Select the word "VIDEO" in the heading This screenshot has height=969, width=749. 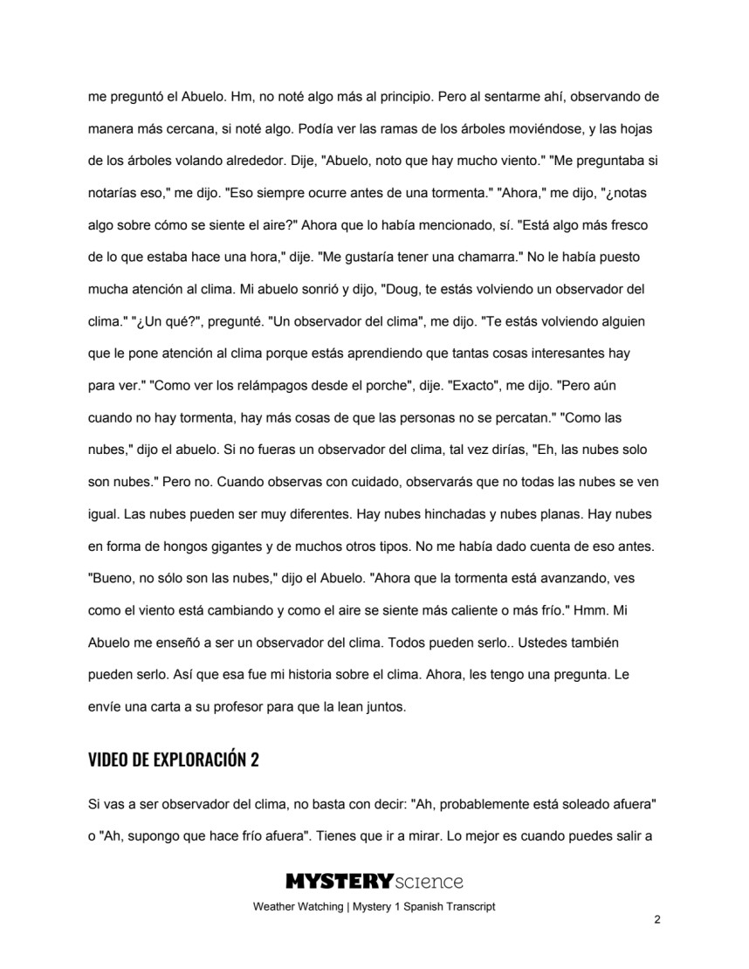[109, 759]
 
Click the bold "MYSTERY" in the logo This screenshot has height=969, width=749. [338, 882]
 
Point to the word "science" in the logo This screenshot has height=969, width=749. [428, 882]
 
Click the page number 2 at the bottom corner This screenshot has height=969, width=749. [656, 920]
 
